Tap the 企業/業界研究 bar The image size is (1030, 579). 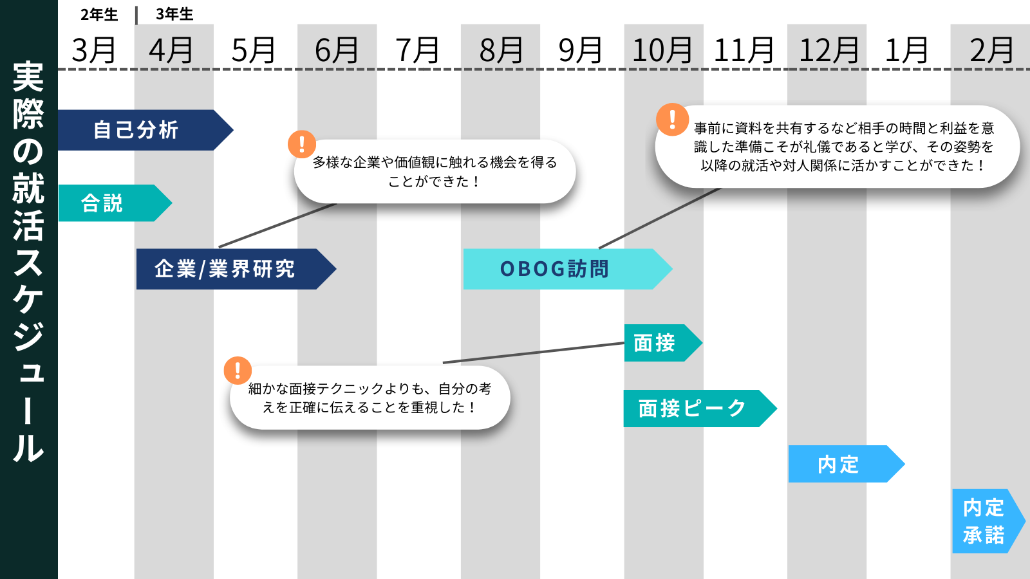pos(225,269)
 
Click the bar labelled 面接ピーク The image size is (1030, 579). pos(692,409)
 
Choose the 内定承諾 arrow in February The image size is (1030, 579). pos(984,521)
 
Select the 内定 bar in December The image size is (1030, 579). pos(839,464)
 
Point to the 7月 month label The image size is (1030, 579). pos(417,50)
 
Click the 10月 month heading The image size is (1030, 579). pos(662,50)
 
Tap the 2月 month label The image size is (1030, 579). pos(991,50)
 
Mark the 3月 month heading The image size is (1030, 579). pos(94,50)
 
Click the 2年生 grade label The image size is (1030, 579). pos(99,14)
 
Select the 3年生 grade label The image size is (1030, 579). pos(174,14)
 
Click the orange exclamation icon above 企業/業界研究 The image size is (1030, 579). pos(302,144)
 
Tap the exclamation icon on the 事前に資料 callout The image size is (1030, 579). pos(672,120)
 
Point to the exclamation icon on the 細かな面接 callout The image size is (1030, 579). pos(238,371)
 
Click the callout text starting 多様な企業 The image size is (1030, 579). pos(435,172)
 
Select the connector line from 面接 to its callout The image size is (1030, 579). pos(534,353)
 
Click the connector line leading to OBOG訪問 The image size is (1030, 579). pos(660,218)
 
